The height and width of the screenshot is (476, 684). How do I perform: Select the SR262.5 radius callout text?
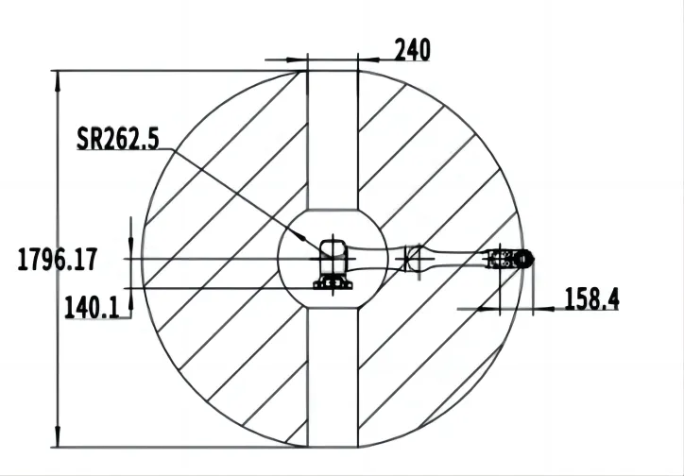tap(118, 141)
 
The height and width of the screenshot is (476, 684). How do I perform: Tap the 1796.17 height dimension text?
tap(59, 259)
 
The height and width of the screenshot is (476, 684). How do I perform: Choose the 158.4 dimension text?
tap(591, 299)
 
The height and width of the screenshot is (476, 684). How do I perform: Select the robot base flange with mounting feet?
tap(333, 281)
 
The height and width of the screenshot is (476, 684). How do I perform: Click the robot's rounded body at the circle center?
tap(333, 253)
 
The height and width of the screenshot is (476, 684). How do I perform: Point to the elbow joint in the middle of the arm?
tap(412, 258)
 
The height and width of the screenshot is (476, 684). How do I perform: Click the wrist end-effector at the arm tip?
tap(510, 259)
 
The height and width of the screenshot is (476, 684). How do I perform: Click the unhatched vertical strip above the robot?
tap(333, 142)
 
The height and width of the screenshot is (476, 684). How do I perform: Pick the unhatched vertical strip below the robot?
tap(333, 378)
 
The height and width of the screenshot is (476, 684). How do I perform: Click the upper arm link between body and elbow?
tap(378, 256)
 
